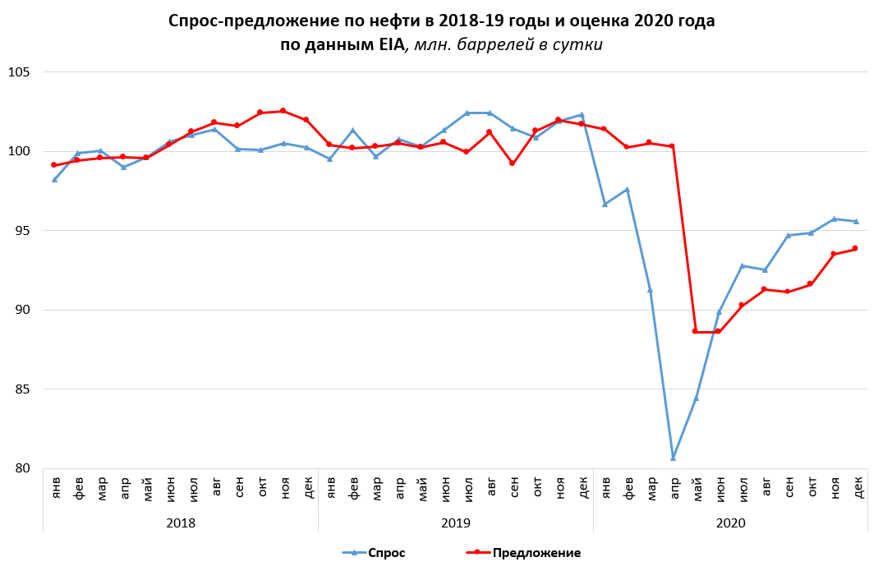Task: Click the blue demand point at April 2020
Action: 673,458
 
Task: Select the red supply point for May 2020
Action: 696,331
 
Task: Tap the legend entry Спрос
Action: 385,553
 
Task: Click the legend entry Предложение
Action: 536,553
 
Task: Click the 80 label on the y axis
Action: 21,468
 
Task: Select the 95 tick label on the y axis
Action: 21,231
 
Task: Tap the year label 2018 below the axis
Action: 180,522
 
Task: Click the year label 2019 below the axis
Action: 455,522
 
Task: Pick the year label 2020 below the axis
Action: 730,522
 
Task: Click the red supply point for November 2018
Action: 283,111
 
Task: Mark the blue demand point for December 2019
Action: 582,115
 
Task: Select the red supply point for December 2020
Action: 856,248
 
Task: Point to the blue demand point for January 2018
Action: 54,179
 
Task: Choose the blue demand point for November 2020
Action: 834,219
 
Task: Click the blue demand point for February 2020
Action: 628,190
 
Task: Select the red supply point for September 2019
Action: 513,163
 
